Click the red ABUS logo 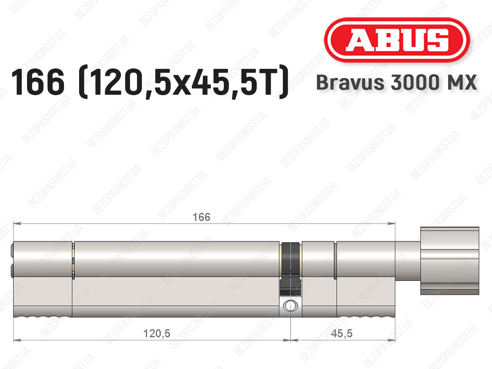(397, 40)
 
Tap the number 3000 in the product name (415, 82)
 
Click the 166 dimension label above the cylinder (201, 217)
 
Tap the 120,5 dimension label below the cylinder (157, 334)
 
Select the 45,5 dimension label (342, 334)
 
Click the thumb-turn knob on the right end (450, 261)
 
